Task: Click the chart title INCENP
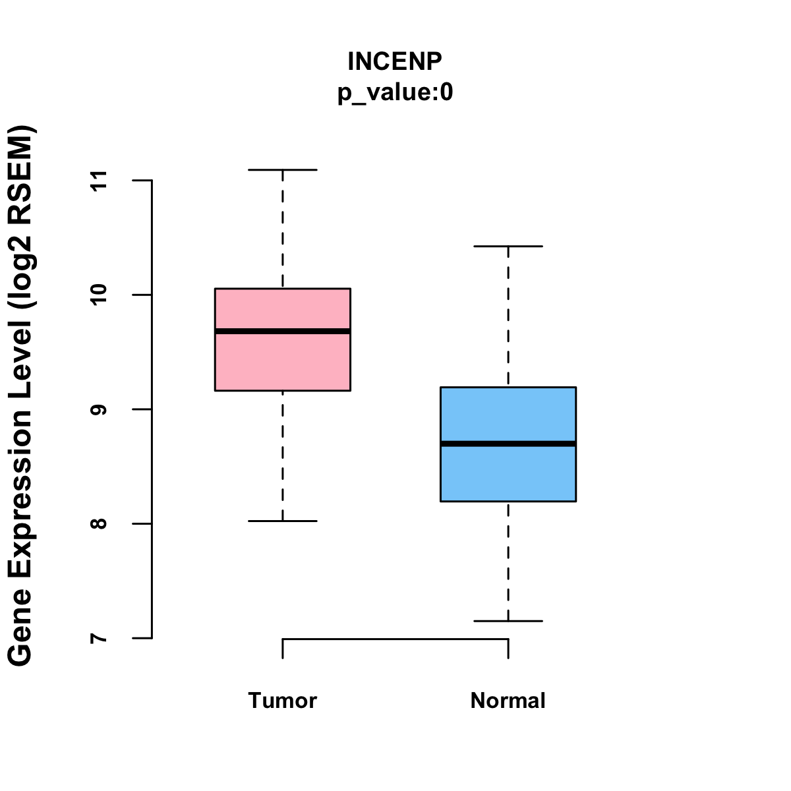click(x=395, y=61)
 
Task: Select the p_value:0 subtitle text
click(x=395, y=93)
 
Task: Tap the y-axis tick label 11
click(x=99, y=180)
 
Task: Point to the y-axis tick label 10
click(x=99, y=295)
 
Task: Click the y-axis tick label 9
click(x=99, y=409)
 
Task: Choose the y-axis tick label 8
click(x=99, y=524)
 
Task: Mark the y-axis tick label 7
click(x=99, y=638)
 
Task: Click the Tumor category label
click(x=282, y=701)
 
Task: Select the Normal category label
click(x=508, y=701)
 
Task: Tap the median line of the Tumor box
click(x=282, y=331)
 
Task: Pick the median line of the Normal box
click(x=508, y=444)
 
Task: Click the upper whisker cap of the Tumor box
click(x=282, y=170)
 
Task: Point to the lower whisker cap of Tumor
click(x=282, y=521)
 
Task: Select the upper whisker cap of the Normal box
click(x=508, y=246)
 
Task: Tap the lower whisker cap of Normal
click(x=508, y=621)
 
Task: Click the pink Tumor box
click(x=282, y=363)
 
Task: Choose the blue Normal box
click(x=508, y=475)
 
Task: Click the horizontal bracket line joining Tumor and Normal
click(x=395, y=639)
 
